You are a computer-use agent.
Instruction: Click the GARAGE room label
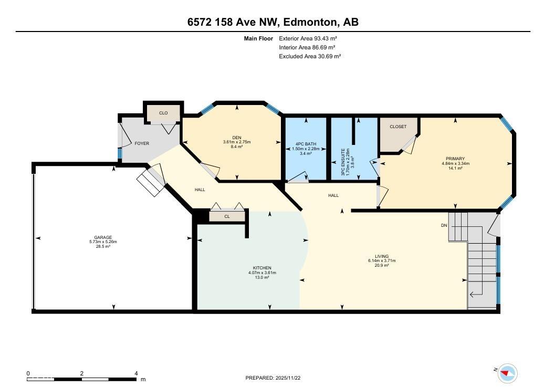103,237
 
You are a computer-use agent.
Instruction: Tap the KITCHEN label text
262,268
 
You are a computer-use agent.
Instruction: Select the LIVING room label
382,256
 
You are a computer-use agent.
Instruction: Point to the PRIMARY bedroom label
455,159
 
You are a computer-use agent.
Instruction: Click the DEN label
237,138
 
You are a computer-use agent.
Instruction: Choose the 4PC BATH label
306,144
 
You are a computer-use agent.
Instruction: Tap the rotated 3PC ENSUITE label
343,162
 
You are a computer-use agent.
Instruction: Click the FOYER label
142,143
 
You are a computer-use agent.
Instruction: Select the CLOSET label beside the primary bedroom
398,127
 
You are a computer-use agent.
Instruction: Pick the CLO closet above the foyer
163,113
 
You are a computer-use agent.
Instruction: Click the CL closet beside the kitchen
227,216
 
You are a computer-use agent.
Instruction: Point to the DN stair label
444,226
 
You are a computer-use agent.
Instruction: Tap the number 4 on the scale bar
137,373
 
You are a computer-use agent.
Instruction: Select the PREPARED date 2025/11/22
288,378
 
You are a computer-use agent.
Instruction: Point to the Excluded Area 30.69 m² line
310,56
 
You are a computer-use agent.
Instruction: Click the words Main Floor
258,38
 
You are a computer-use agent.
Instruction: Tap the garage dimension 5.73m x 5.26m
103,242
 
